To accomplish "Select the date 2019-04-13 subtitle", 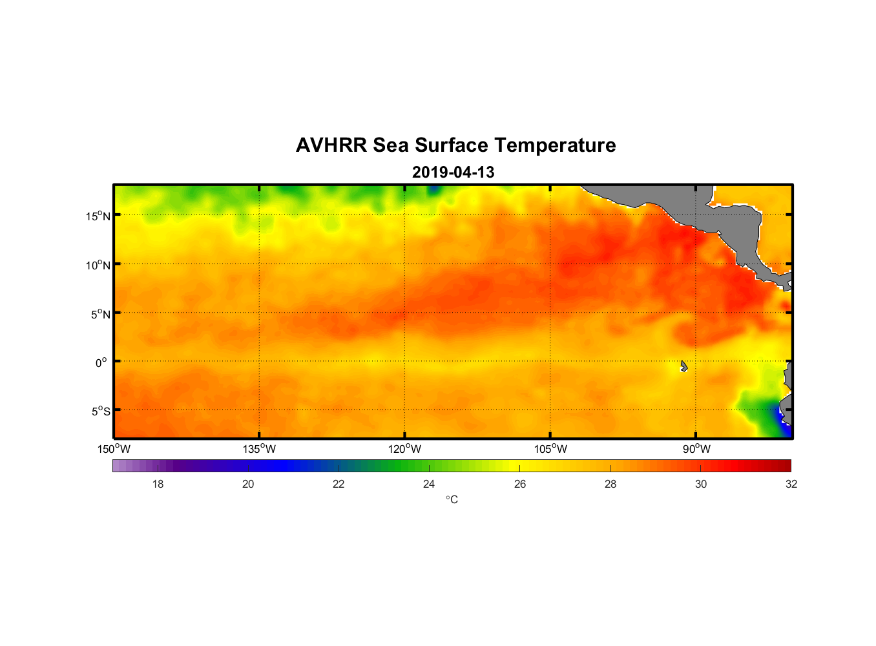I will (453, 172).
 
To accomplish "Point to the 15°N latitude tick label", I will (98, 216).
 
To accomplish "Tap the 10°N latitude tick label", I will (98, 265).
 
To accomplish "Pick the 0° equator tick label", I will (101, 362).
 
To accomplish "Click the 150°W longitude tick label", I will (114, 449).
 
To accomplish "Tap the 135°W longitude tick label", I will (260, 449).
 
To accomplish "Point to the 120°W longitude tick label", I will (405, 449).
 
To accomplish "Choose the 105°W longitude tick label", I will (550, 449).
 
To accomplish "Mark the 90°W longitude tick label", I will (696, 449).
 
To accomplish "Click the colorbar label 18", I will (158, 484).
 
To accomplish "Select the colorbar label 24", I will (429, 484).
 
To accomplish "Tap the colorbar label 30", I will (701, 484).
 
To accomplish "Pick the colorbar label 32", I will (791, 484).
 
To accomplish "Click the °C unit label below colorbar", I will (452, 499).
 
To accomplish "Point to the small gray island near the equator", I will (683, 366).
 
